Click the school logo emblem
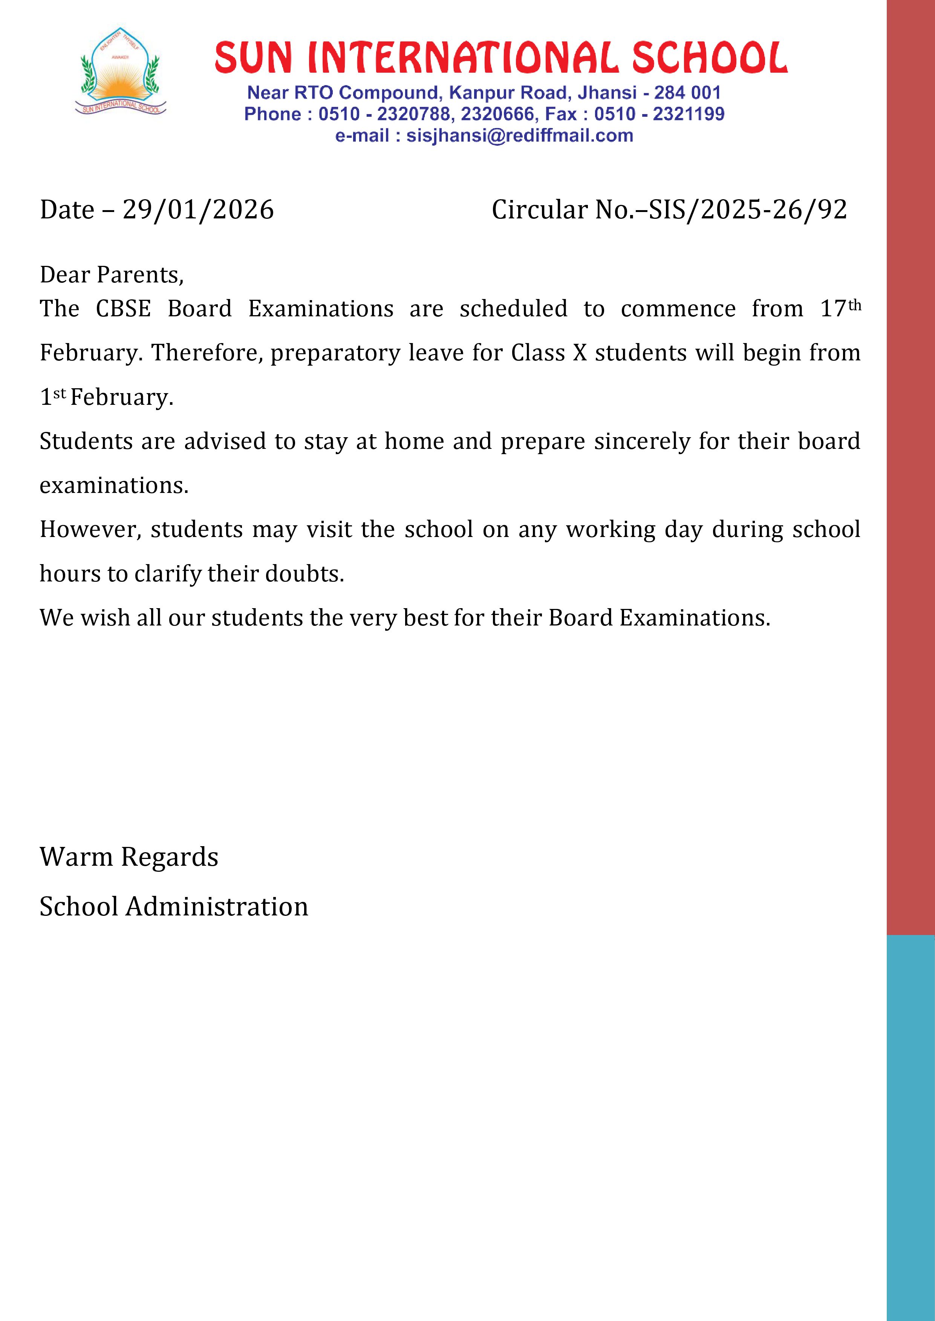(120, 72)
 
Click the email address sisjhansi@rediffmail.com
(519, 136)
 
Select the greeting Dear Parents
(111, 275)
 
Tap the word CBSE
(123, 309)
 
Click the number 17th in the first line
(840, 308)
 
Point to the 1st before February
(52, 397)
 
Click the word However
(90, 530)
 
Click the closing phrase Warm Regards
(129, 857)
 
